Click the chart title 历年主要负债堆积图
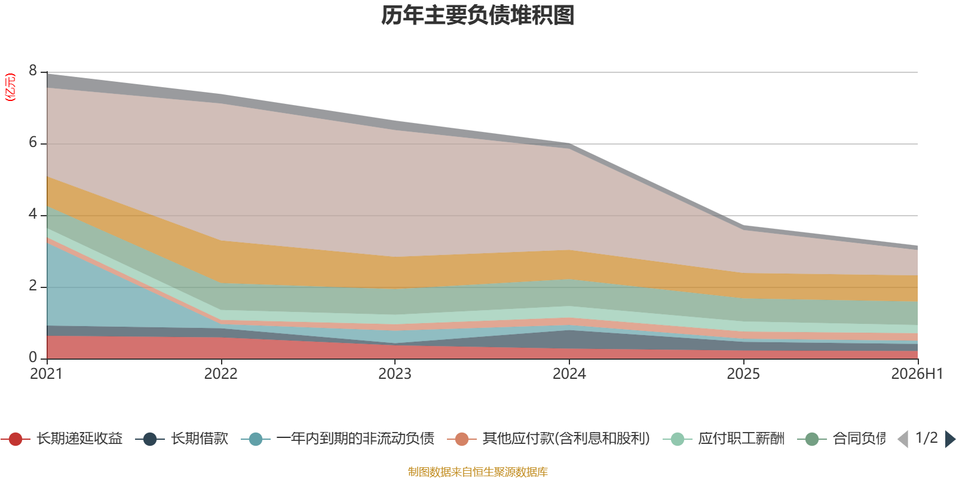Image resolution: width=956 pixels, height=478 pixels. [477, 16]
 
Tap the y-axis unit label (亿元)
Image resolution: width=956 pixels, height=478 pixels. [10, 87]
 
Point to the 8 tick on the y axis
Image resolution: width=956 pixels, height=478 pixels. [33, 71]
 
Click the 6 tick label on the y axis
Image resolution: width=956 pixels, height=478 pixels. [33, 142]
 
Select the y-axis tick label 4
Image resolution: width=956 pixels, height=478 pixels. [33, 214]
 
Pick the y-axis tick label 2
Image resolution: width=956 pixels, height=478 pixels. [33, 286]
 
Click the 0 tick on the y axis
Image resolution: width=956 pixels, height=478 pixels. [33, 357]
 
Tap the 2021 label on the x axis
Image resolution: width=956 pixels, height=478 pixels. [47, 374]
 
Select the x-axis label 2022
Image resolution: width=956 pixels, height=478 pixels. [220, 374]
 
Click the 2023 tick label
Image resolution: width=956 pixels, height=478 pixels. [395, 374]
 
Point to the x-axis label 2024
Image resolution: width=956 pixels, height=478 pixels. [569, 374]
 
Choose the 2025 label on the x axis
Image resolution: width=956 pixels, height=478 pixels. [743, 374]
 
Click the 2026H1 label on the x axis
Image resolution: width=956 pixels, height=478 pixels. [917, 374]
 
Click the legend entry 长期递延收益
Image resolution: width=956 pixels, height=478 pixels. [62, 439]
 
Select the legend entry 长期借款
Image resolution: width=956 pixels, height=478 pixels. [182, 439]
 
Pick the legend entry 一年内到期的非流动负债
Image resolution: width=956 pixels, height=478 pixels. [338, 439]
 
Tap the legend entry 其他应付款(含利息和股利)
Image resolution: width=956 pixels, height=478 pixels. [549, 439]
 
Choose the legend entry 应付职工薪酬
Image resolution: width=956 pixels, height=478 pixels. [724, 439]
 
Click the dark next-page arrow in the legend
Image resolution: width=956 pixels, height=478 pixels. [950, 439]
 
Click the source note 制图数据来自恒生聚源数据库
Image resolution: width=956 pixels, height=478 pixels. [477, 471]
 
